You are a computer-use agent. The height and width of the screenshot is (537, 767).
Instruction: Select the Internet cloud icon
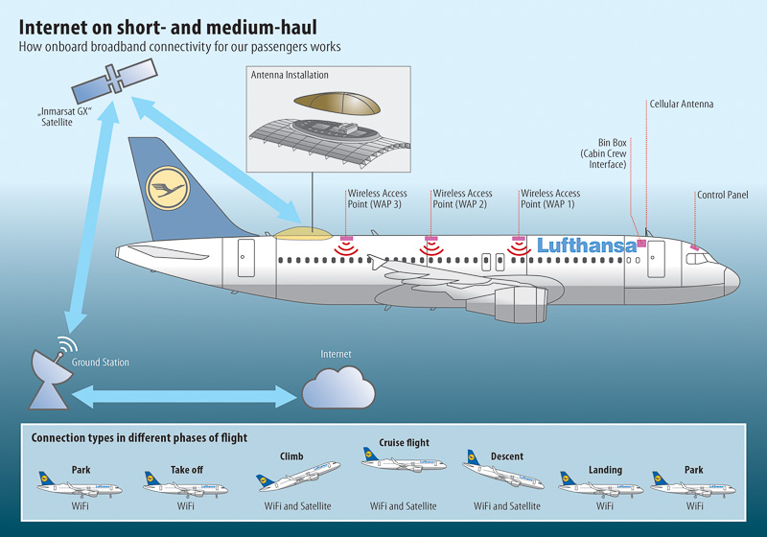[337, 388]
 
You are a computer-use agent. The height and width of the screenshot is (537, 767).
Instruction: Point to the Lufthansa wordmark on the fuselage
[587, 245]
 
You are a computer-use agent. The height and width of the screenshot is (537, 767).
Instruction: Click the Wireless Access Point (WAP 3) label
[377, 198]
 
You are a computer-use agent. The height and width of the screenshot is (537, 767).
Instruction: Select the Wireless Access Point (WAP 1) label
[550, 198]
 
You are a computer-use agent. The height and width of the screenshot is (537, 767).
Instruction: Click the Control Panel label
[722, 195]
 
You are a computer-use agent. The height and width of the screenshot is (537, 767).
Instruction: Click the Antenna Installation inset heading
[289, 75]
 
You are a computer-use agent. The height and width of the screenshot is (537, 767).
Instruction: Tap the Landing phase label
[605, 470]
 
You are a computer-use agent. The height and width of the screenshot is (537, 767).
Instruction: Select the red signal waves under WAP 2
[431, 249]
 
